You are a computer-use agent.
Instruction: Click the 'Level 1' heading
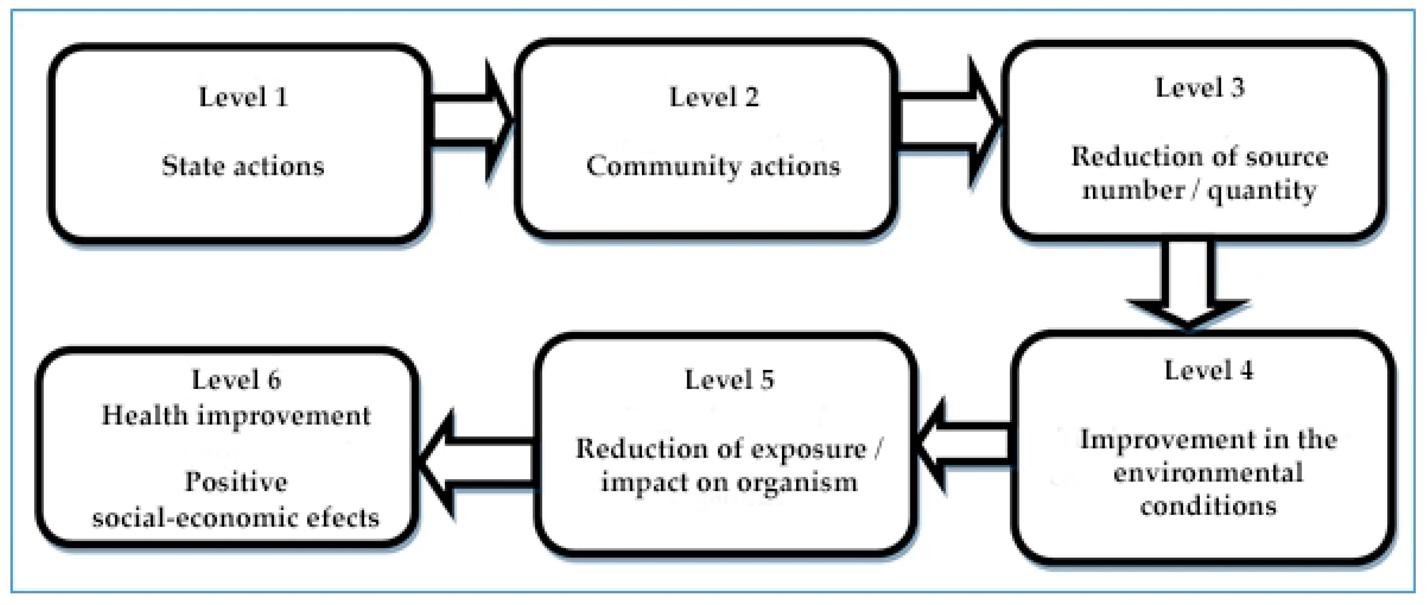point(243,97)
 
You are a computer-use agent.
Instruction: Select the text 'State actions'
point(243,166)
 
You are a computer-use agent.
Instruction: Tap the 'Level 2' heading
point(714,97)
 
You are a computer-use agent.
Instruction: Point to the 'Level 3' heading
point(1200,88)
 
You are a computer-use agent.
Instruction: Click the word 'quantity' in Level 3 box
point(1261,191)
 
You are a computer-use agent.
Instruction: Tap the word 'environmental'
point(1208,473)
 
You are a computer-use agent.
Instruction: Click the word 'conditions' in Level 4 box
point(1208,506)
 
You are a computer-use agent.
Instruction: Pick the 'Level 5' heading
point(729,380)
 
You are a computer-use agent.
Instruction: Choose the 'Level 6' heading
point(236,380)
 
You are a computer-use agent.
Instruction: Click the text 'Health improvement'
point(236,416)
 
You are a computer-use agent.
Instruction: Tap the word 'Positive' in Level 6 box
point(236,481)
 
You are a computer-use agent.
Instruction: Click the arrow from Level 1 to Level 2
point(471,121)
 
